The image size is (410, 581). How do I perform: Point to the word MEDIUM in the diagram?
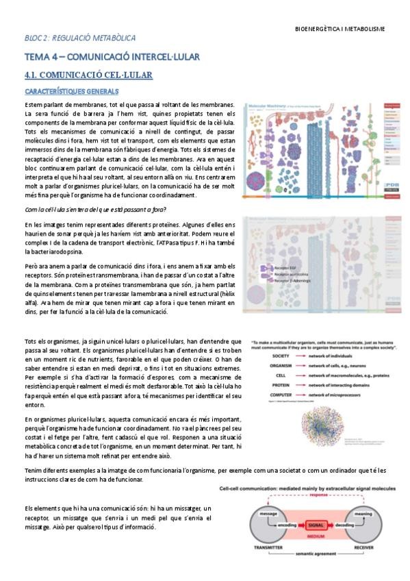tap(315, 536)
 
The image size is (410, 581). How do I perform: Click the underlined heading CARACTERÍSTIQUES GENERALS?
tap(72, 90)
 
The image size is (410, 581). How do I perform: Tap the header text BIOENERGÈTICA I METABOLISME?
tap(339, 29)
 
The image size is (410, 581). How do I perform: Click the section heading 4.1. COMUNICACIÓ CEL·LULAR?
tap(88, 74)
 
